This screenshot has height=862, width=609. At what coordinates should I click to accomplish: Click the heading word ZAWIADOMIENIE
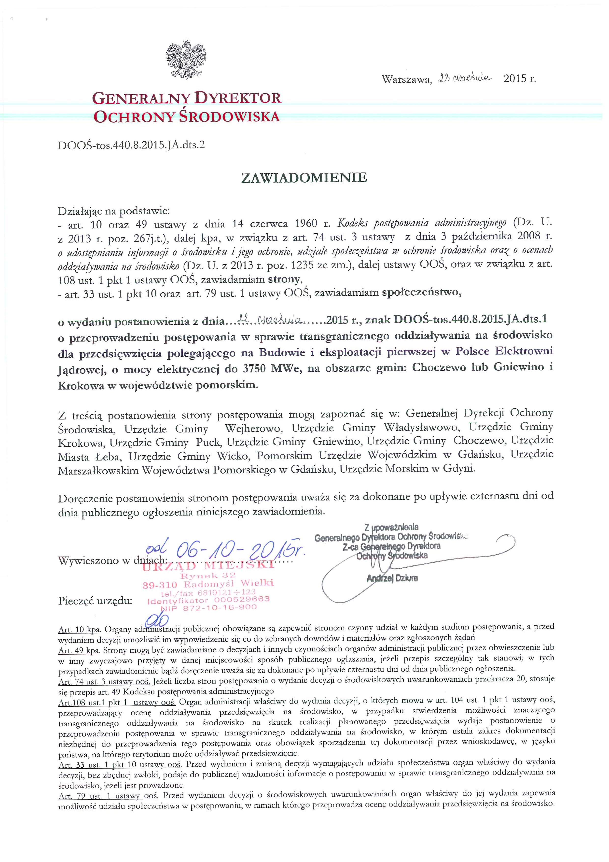pos(304,178)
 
